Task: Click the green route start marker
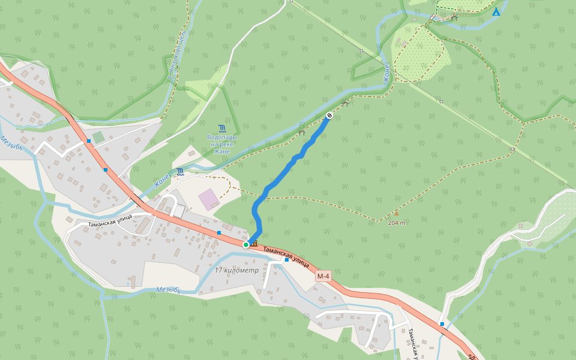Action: tap(246, 245)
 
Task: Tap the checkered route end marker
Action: tap(329, 115)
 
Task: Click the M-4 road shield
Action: tap(323, 276)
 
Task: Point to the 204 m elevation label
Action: tap(396, 222)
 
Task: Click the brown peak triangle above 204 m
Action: tap(396, 213)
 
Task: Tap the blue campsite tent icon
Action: tap(496, 11)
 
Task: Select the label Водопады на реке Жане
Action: tap(222, 144)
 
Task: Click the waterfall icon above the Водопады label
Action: tap(223, 128)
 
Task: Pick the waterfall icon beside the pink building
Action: tap(180, 172)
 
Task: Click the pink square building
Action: tap(209, 199)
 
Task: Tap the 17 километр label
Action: tap(240, 271)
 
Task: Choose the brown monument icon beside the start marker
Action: tap(255, 244)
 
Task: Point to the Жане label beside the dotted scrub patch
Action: tap(388, 73)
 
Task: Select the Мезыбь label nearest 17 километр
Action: tap(169, 290)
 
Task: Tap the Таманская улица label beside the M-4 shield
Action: tap(287, 254)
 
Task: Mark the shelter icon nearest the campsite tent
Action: tap(454, 18)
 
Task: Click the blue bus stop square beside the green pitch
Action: tap(89, 141)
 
